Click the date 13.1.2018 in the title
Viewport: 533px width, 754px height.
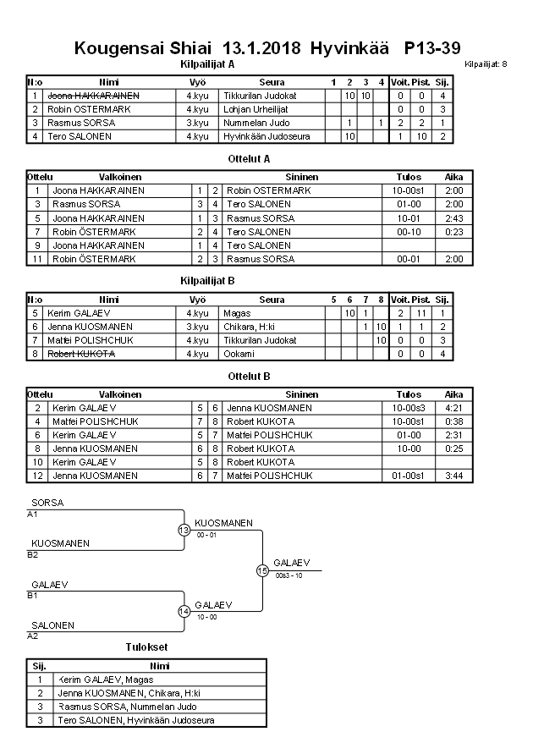(262, 47)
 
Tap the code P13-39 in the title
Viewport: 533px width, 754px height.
(432, 47)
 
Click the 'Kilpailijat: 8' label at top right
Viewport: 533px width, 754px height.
(486, 64)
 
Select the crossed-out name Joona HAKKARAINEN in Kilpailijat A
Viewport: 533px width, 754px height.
(92, 96)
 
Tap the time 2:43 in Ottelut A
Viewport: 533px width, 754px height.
(453, 217)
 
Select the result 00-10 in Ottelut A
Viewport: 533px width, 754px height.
(409, 231)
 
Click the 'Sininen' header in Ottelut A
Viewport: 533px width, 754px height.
(301, 177)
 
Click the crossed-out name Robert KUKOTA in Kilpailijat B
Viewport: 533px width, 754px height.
(81, 353)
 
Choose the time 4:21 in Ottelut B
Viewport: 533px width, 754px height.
(453, 408)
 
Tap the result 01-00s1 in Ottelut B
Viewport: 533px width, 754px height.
(409, 476)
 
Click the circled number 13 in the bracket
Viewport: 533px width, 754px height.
(184, 530)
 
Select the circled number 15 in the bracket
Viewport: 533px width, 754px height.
(262, 570)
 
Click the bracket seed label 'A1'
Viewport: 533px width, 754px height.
(33, 514)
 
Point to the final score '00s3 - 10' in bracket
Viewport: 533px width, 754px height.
(289, 575)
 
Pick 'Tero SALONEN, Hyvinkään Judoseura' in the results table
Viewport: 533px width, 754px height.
(135, 720)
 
